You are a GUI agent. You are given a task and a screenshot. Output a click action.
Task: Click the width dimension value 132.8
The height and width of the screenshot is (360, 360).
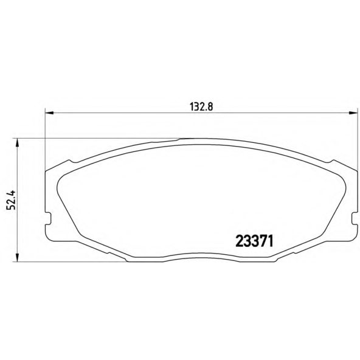201,105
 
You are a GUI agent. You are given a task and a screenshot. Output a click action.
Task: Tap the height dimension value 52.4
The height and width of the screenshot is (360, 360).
10,199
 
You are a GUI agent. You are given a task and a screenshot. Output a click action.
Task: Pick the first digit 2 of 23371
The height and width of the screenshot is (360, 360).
240,241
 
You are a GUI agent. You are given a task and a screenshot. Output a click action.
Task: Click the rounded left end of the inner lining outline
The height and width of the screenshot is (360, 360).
57,189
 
